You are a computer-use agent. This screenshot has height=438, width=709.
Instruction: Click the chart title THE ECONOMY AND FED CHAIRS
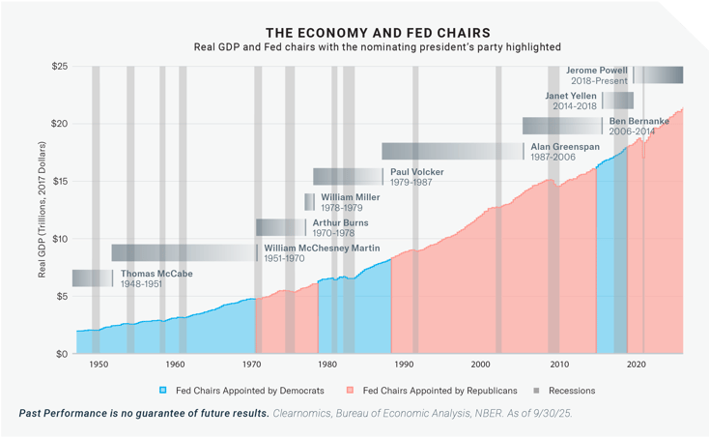click(x=354, y=32)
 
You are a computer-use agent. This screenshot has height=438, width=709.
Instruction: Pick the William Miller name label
click(x=351, y=196)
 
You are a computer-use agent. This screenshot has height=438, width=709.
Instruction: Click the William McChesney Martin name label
click(x=321, y=248)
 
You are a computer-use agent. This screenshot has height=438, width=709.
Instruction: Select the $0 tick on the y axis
click(x=60, y=354)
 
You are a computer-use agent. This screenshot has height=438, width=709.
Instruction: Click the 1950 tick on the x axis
click(x=99, y=365)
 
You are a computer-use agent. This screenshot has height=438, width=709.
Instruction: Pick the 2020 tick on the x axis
click(x=635, y=365)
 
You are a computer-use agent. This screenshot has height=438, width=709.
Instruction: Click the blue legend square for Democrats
click(x=163, y=391)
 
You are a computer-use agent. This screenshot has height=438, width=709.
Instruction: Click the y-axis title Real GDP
click(x=43, y=210)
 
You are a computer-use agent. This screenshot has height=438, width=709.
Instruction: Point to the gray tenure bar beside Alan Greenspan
click(x=452, y=151)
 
